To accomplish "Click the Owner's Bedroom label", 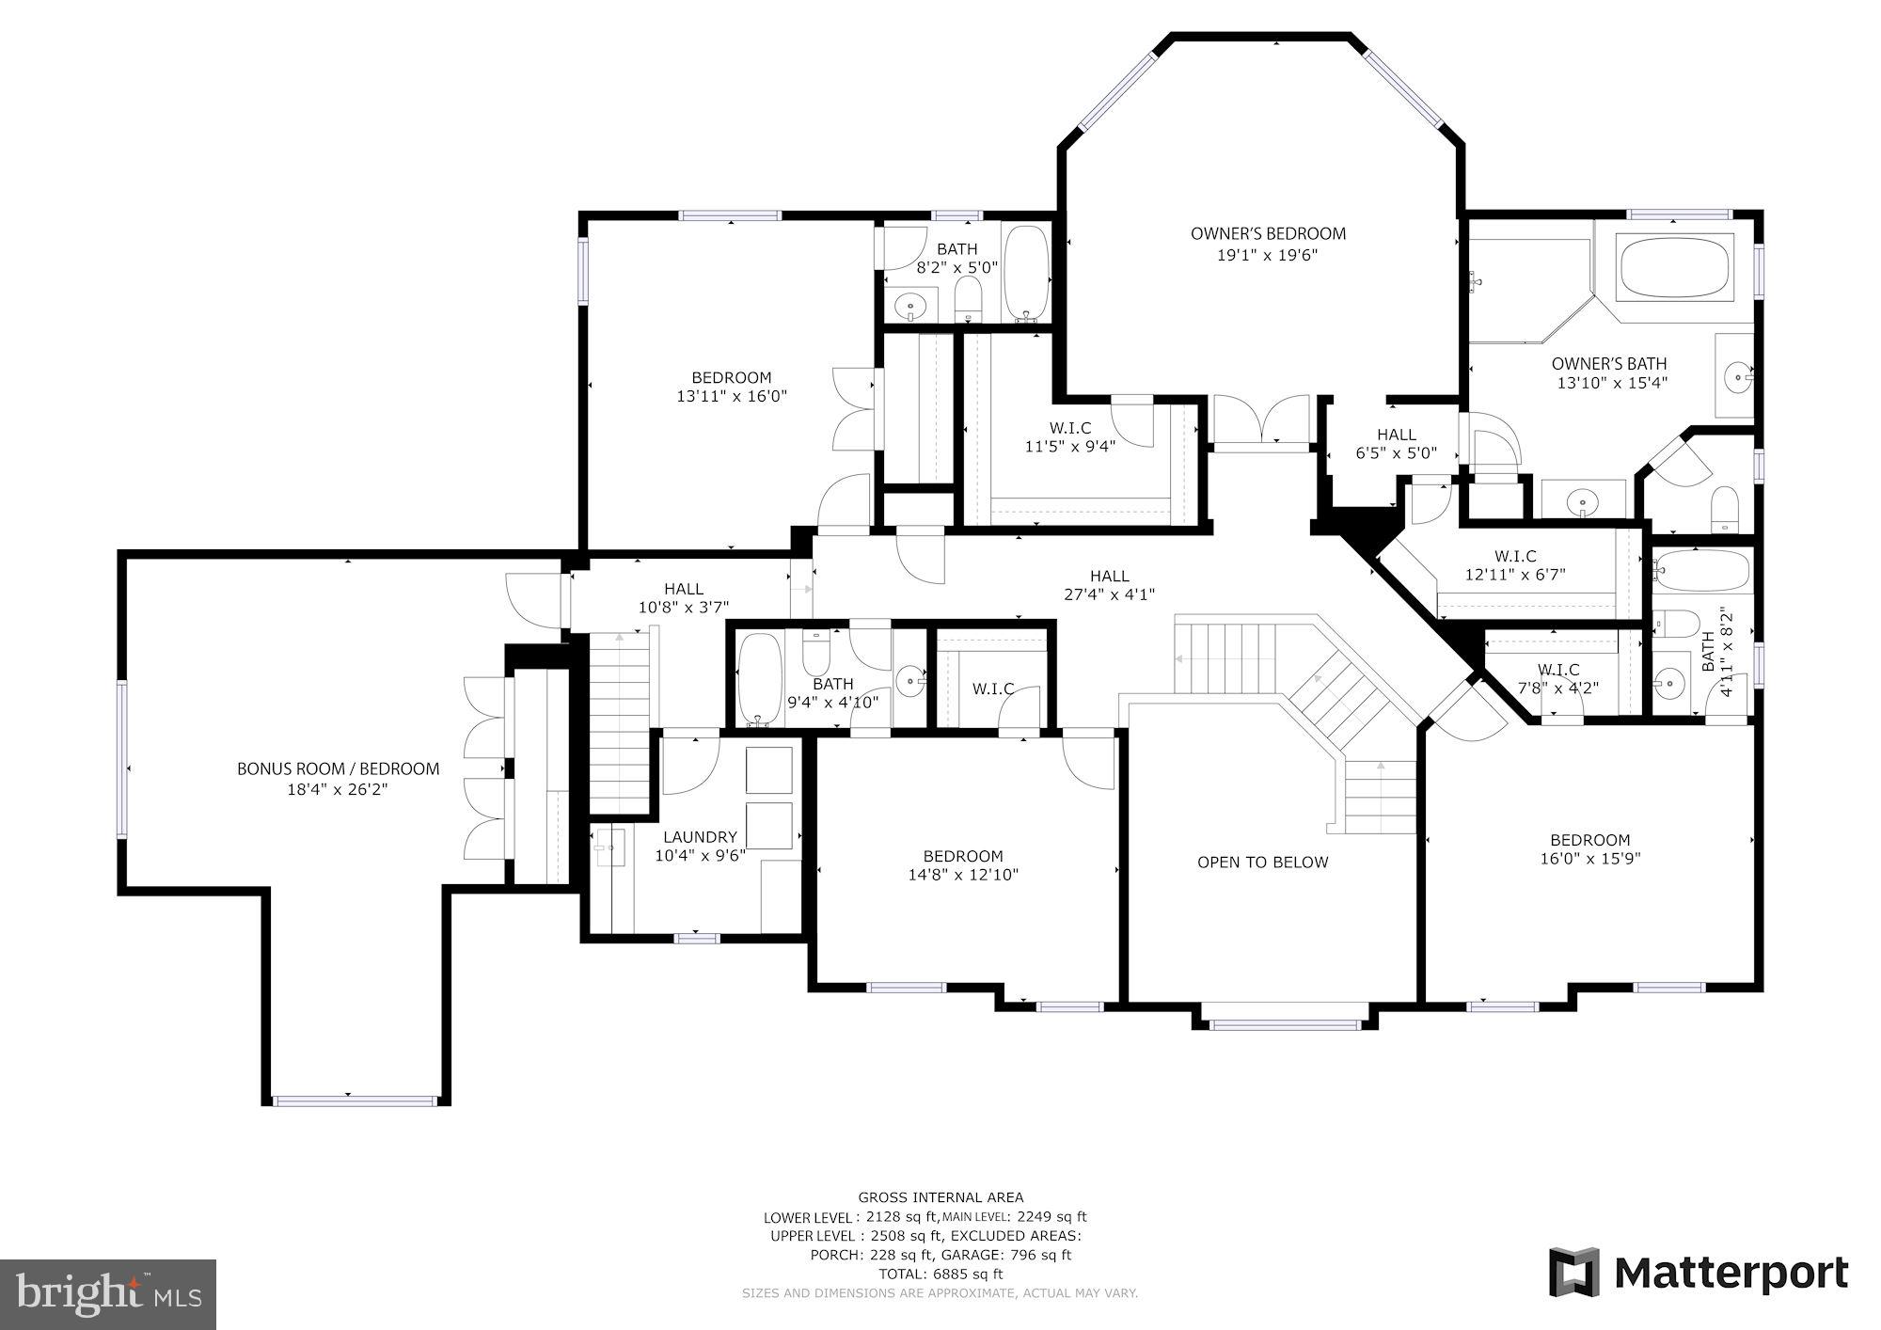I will [x=1268, y=234].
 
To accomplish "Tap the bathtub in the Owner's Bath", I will [x=1674, y=267].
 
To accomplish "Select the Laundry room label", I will [x=700, y=837].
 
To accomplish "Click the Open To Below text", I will [x=1262, y=863].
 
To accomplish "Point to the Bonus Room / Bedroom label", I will [x=338, y=769].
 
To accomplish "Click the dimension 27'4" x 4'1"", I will [x=1109, y=594].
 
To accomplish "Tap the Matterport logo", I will [x=1699, y=1274].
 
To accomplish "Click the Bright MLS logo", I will [x=108, y=1294].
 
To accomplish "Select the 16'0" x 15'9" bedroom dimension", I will [x=1589, y=858].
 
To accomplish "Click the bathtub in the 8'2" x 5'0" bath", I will [x=1026, y=272].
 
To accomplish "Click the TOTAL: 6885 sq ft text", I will [x=940, y=1274].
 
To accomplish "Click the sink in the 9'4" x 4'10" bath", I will [x=909, y=680].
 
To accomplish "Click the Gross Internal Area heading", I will [x=940, y=1197].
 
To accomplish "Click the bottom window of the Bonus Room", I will [x=355, y=1100].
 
